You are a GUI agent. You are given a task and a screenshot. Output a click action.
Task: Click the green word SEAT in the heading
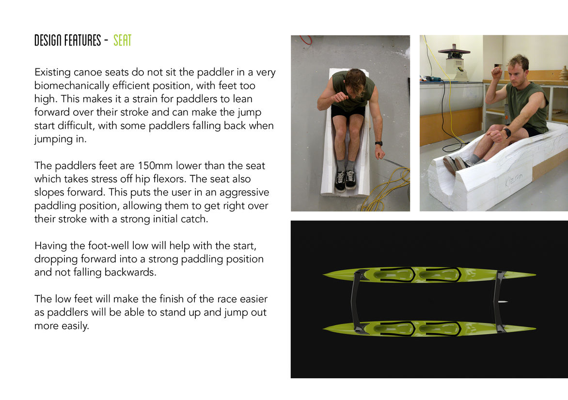click(x=122, y=40)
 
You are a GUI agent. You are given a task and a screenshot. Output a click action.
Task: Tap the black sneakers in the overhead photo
click(x=345, y=180)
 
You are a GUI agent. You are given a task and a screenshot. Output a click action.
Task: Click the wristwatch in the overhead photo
click(x=379, y=143)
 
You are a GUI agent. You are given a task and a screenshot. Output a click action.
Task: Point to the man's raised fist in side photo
click(x=497, y=73)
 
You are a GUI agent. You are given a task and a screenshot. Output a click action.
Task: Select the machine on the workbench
click(x=454, y=63)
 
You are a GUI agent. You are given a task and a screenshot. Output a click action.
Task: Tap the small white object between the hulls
click(x=503, y=302)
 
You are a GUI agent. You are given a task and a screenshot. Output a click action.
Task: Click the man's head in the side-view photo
click(x=518, y=69)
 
